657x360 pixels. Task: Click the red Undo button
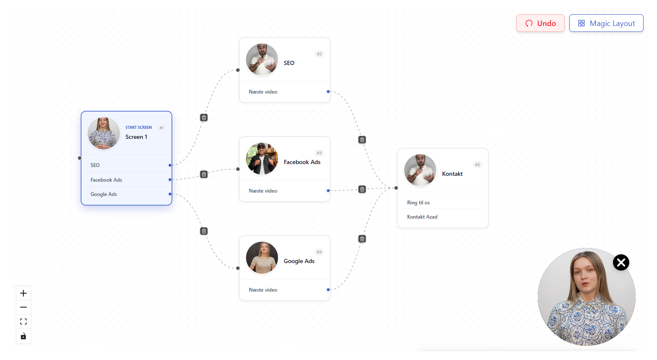[540, 23]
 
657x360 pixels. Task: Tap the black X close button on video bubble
[621, 262]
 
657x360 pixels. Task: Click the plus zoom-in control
[24, 293]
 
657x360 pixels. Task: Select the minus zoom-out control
[24, 307]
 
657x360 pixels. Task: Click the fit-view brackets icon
[24, 321]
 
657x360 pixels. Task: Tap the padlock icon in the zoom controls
[24, 336]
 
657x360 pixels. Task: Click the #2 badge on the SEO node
[319, 54]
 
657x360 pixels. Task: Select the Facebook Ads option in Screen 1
[106, 180]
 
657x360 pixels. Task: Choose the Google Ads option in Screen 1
[104, 194]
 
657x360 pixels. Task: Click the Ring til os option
[418, 203]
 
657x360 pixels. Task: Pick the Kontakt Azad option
[422, 217]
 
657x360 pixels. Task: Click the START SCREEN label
[139, 127]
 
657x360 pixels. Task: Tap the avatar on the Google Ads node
[262, 258]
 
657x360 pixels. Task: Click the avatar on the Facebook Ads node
[262, 159]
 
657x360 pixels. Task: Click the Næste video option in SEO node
[263, 92]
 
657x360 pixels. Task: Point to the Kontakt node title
[452, 174]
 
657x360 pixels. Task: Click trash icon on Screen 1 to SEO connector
[204, 117]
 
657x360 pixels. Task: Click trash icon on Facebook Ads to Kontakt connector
[362, 189]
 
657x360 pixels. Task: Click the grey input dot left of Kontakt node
[396, 188]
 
